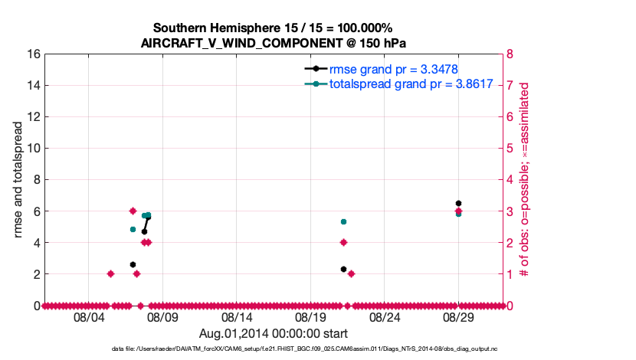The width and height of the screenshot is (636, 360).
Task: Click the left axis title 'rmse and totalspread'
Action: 17,179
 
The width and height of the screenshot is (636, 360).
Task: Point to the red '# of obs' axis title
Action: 525,179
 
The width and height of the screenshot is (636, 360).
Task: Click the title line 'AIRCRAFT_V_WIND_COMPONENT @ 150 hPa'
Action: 278,43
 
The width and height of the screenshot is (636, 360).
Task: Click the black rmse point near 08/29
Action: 458,204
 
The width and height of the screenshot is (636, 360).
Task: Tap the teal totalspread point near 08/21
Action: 343,222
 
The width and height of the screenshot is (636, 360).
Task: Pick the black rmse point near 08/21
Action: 343,269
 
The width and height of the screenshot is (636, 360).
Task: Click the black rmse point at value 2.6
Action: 133,264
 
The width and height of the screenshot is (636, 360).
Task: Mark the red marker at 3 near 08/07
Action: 133,211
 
